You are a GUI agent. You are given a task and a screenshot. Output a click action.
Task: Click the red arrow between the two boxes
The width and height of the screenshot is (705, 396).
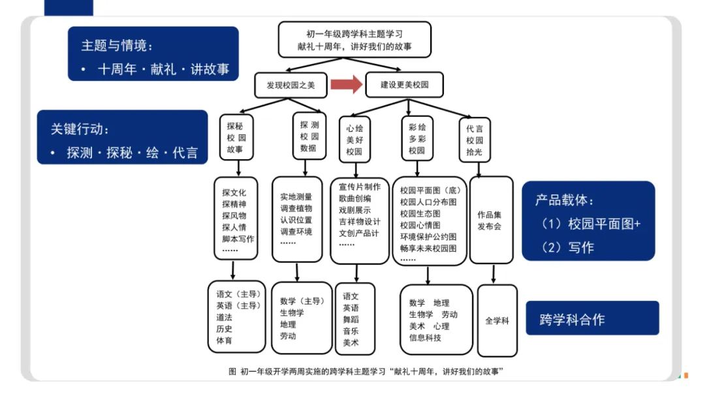tap(346, 84)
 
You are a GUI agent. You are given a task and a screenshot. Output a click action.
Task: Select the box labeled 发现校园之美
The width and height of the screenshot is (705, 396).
tap(290, 85)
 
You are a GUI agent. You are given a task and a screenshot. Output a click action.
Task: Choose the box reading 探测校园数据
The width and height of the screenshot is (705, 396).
tap(309, 136)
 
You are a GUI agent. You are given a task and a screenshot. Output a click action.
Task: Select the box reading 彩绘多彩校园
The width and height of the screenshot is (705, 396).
tap(417, 139)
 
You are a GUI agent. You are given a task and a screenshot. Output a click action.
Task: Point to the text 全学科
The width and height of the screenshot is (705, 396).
tap(497, 321)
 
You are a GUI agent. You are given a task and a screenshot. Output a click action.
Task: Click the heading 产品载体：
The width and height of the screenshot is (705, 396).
tap(565, 200)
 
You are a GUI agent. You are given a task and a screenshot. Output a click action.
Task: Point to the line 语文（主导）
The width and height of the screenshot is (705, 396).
tap(239, 294)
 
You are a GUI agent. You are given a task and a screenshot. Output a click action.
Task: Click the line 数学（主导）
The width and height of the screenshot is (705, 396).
tap(302, 301)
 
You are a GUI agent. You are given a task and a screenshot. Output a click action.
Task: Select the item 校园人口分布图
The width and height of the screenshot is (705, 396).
tap(428, 202)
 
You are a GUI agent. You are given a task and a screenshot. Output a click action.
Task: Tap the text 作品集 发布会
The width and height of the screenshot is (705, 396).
tap(489, 221)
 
